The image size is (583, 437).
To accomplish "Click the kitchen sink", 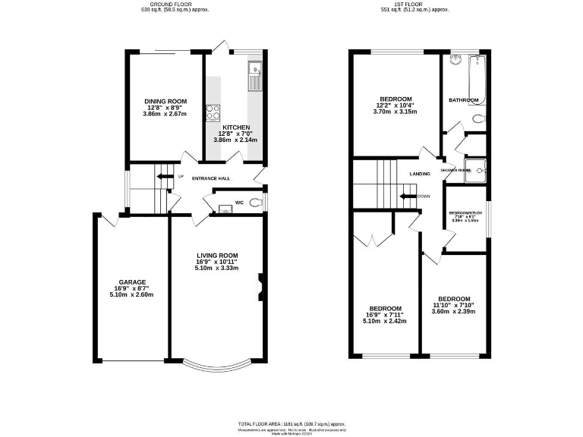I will point(254,74).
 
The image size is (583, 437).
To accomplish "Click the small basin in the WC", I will point(223,208).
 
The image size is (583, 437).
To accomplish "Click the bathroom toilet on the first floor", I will point(477,119).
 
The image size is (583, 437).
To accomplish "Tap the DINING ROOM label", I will point(165,101).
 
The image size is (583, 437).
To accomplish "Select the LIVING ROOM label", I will point(218,255).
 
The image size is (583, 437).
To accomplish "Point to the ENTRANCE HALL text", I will point(210,179).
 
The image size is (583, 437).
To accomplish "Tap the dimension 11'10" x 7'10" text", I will point(453,305).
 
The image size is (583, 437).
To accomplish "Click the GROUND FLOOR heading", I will point(175,5).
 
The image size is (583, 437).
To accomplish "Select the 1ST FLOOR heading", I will point(414,5).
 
